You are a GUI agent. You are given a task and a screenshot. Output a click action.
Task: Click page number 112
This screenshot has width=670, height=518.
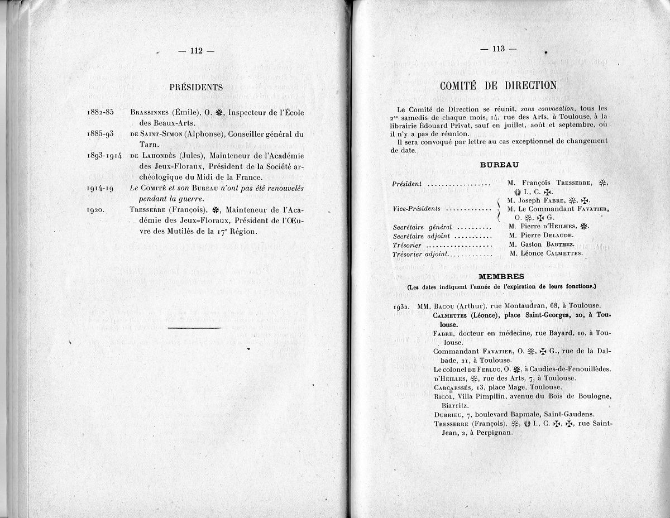pos(196,51)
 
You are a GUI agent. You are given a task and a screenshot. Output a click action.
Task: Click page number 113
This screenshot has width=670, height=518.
pos(498,49)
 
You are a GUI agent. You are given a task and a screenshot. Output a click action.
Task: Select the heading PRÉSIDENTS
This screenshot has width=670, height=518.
pos(196,87)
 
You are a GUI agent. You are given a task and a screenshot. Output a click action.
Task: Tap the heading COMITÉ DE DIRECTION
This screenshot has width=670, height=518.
pos(498,85)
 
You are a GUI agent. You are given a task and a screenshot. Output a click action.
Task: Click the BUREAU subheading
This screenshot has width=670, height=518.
pos(499,165)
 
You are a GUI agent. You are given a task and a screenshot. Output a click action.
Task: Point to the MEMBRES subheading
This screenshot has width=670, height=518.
pos(501,276)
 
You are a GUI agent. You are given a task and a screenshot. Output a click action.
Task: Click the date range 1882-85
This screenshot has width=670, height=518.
pos(100,112)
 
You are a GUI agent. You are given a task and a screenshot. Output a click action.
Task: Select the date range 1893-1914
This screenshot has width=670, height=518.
pos(104,155)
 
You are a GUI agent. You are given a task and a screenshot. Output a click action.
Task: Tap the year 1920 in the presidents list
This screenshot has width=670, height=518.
pos(98,210)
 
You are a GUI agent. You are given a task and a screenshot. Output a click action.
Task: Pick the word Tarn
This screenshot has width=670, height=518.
pos(146,145)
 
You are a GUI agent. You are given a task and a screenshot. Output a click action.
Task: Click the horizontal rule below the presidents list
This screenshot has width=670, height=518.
pos(194,328)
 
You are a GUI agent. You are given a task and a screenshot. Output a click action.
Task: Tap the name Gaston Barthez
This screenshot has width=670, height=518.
pos(540,244)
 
